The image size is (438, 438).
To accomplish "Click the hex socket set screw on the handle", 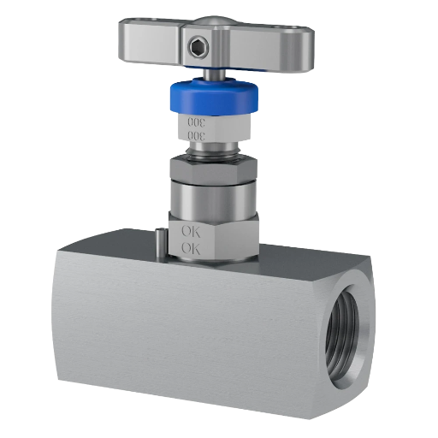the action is pyautogui.click(x=198, y=49).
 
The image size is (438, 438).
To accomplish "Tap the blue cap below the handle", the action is pyautogui.click(x=214, y=96).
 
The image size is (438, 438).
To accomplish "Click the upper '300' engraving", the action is pyautogui.click(x=196, y=122).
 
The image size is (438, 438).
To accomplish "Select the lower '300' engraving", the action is pyautogui.click(x=196, y=136).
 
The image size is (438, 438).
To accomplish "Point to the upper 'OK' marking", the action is pyautogui.click(x=191, y=231).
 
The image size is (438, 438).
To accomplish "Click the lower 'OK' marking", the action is pyautogui.click(x=191, y=248).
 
